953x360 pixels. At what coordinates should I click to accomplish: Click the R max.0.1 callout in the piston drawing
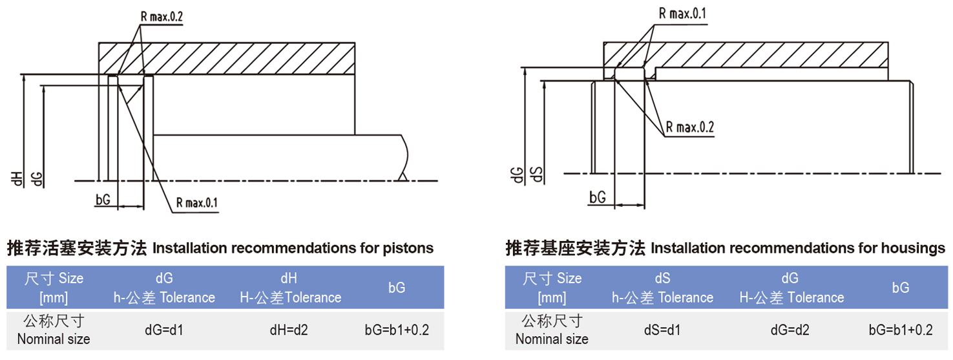[x=196, y=204]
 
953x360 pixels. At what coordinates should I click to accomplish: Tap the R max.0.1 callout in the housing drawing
[x=682, y=13]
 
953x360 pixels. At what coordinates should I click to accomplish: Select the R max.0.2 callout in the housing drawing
[x=689, y=127]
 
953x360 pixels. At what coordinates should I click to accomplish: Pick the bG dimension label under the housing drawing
[x=598, y=198]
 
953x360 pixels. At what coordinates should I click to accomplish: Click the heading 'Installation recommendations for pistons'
[x=220, y=248]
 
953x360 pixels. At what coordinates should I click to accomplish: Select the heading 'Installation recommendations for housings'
[x=725, y=248]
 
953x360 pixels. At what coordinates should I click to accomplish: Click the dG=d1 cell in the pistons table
[x=164, y=330]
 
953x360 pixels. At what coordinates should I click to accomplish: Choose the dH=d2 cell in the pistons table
[x=289, y=330]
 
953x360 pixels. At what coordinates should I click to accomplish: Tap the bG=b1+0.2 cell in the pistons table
[x=397, y=330]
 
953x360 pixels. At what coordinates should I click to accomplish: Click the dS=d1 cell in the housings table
[x=662, y=330]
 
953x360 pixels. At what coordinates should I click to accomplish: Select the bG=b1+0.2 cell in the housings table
[x=901, y=330]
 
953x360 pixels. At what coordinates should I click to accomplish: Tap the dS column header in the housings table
[x=662, y=288]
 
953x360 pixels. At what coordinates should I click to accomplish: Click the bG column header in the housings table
[x=901, y=288]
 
